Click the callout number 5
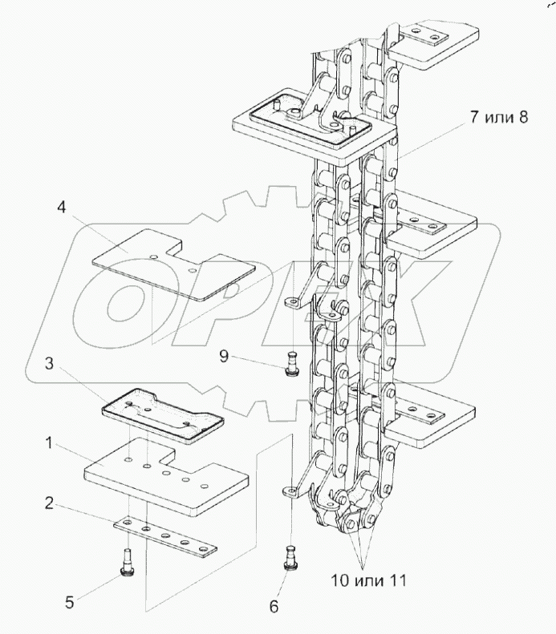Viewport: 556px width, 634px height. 71,601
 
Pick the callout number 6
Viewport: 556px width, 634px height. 274,608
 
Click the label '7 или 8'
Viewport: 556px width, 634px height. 499,118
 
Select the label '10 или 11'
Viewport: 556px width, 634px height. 364,580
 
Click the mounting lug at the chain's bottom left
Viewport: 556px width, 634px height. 291,490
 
